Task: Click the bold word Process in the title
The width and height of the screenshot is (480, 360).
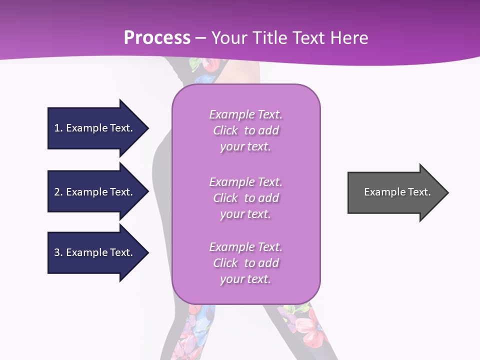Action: [157, 38]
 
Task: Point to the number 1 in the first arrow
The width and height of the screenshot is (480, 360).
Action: [57, 128]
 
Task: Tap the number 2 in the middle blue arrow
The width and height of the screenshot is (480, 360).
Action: [57, 192]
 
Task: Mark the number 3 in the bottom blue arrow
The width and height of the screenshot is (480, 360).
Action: [57, 252]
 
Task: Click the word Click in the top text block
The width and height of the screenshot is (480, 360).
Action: [225, 130]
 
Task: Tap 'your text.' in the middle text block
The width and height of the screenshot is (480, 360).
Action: [245, 214]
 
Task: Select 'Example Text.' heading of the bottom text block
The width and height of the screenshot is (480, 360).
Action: [245, 247]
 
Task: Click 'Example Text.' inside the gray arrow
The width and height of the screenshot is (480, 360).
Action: [397, 192]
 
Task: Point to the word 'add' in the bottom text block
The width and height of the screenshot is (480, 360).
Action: [269, 263]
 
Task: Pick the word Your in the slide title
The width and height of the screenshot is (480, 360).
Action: [229, 38]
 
